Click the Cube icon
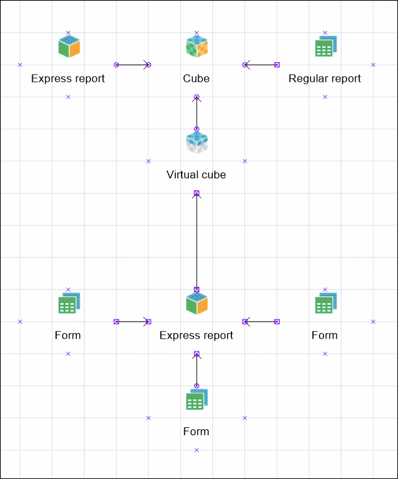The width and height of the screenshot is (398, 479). click(197, 47)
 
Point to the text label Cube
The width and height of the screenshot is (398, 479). click(197, 79)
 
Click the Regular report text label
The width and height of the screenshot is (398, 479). click(325, 79)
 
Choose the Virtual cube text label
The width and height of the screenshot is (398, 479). click(197, 175)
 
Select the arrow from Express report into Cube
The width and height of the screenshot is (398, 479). click(133, 65)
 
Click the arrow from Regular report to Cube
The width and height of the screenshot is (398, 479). click(261, 65)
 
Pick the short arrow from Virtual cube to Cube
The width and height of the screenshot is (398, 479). click(197, 113)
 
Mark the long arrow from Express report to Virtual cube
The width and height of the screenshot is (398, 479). click(197, 241)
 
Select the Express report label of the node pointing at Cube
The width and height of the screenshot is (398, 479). click(68, 79)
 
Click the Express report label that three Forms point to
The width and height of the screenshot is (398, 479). click(197, 336)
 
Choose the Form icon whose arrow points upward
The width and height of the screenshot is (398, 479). click(197, 400)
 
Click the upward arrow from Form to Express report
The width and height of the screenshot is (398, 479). click(197, 370)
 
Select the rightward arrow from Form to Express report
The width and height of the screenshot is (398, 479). click(133, 322)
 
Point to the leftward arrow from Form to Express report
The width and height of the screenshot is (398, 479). click(261, 322)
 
